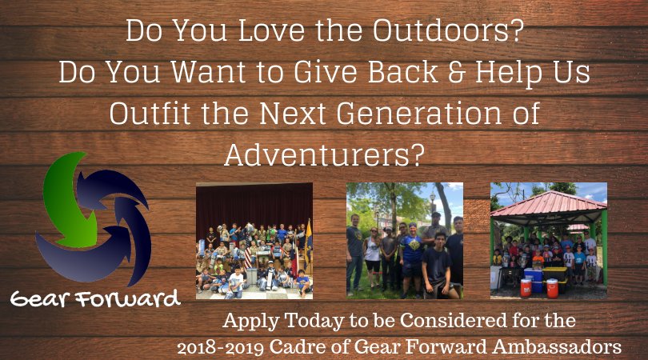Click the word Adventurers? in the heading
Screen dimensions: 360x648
(x=323, y=154)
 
